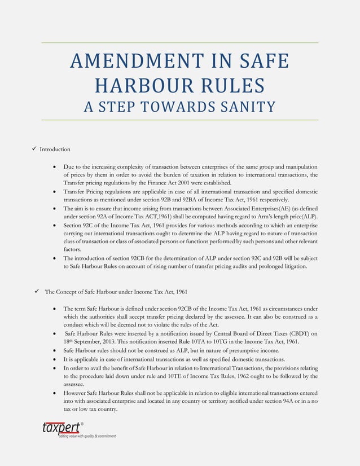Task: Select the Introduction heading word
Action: tap(55, 150)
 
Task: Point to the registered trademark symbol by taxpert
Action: tap(82, 423)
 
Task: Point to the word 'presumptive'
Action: tap(223, 350)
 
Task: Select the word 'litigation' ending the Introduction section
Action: tap(294, 267)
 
